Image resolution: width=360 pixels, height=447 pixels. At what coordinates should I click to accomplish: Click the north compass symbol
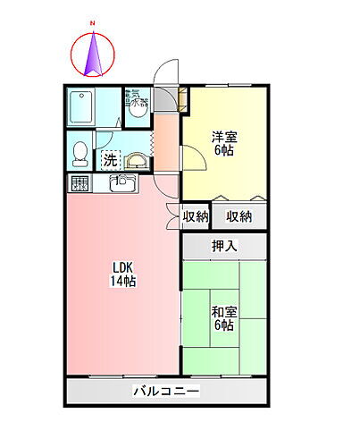(93, 53)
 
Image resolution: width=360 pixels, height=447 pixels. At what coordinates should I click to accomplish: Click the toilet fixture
(80, 153)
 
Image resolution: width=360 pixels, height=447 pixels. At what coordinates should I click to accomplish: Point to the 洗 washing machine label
(109, 161)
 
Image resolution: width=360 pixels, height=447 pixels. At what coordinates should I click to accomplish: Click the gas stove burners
(79, 184)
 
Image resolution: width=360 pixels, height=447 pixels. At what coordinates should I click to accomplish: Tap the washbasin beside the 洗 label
(136, 160)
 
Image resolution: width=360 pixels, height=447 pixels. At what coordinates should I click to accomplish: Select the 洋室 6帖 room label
(223, 144)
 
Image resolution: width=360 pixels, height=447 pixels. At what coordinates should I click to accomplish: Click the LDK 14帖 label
(123, 273)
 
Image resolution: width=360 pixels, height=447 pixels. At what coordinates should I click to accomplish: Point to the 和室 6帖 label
(223, 318)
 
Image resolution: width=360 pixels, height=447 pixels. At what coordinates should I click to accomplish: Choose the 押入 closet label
(224, 246)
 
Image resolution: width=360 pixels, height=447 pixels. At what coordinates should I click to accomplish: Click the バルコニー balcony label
(166, 392)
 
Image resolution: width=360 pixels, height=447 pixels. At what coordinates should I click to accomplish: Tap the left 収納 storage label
(196, 215)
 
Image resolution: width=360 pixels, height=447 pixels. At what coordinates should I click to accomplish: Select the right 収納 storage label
(239, 215)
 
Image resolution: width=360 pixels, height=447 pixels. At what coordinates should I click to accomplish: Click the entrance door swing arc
(164, 71)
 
